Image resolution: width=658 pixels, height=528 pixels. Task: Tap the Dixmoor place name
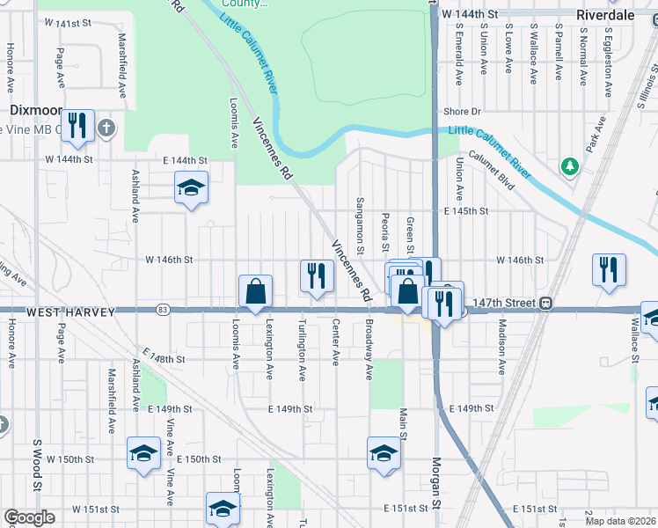tap(34, 110)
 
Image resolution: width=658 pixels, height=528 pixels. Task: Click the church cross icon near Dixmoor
tap(106, 128)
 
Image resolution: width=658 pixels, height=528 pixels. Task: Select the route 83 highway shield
tap(162, 310)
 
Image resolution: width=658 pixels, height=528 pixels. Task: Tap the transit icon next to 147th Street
tap(546, 303)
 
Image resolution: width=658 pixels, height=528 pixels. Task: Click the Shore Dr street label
tap(463, 112)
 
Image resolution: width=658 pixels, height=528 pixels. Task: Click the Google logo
tap(29, 517)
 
